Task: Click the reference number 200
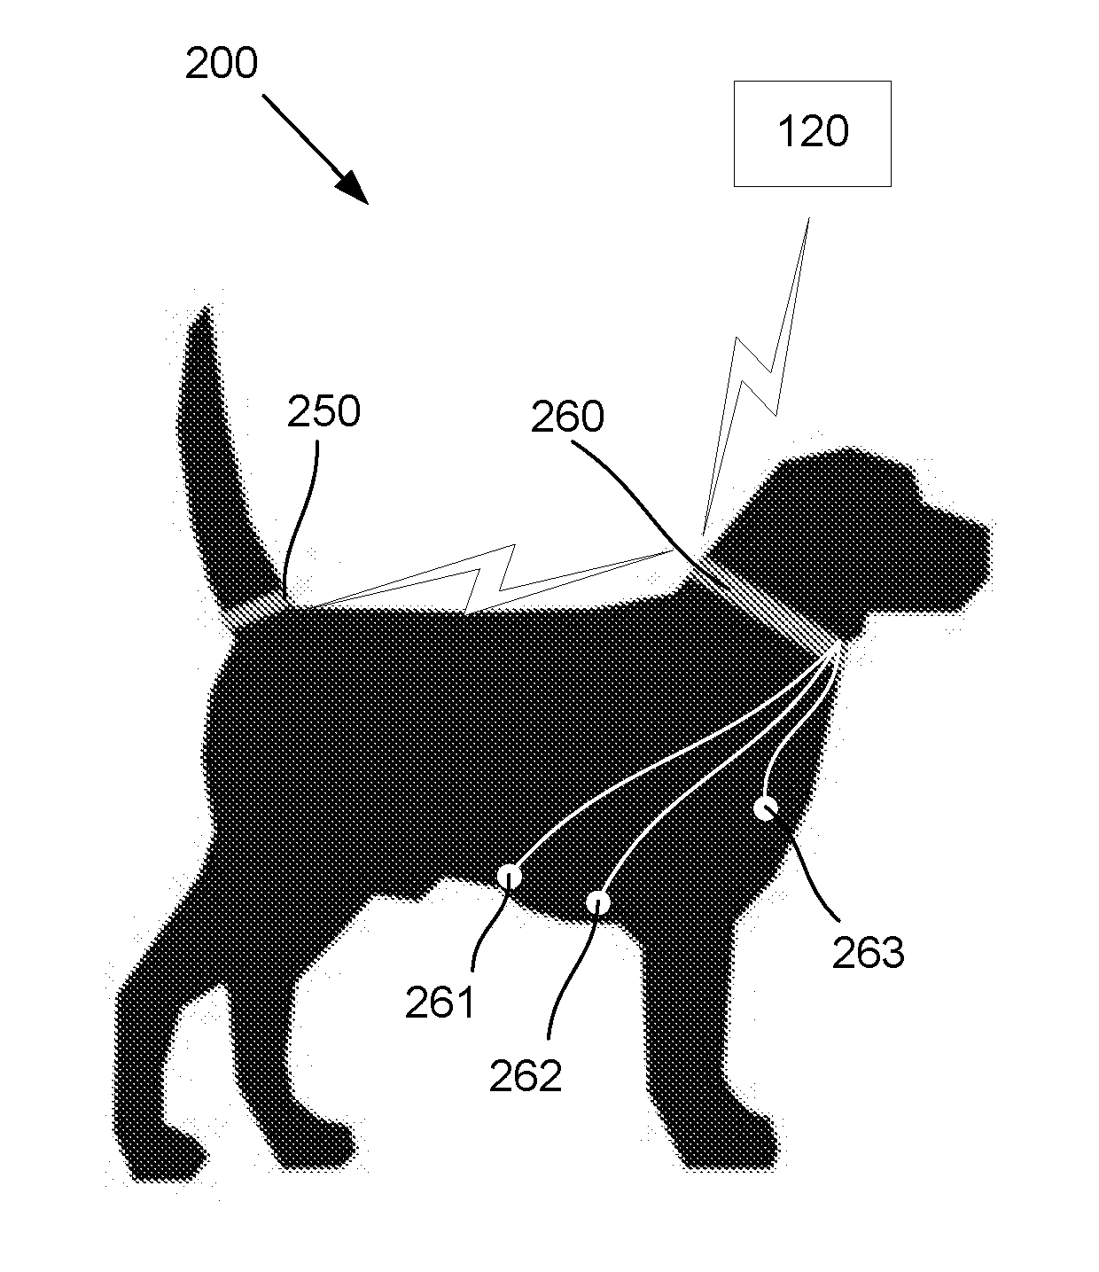coord(222,64)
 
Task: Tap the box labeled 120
coord(812,133)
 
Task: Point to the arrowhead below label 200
coord(355,189)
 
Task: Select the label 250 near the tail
coord(323,412)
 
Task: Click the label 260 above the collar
coord(567,417)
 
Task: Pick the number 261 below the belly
coord(440,1003)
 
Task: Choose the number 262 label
coord(525,1075)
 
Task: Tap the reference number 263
coord(868,953)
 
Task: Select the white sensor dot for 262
coord(600,903)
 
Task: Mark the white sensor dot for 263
coord(765,808)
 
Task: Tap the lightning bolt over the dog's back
coord(487,581)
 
